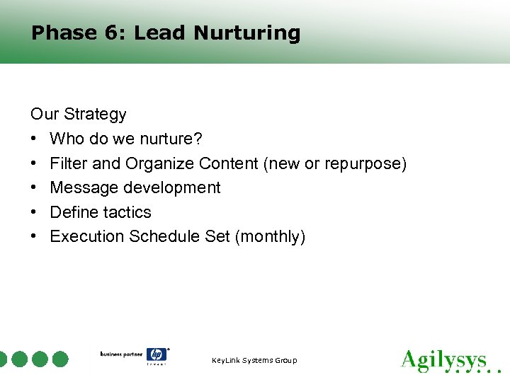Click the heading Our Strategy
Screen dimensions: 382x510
(x=78, y=115)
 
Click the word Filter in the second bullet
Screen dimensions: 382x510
(x=69, y=163)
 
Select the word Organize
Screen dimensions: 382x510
(x=159, y=163)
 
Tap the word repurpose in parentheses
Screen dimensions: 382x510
(x=363, y=163)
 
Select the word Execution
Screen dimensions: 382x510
(x=87, y=236)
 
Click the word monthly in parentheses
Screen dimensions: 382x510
(x=270, y=236)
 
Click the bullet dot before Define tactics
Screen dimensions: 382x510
(x=34, y=212)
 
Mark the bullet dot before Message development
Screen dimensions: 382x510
(x=34, y=188)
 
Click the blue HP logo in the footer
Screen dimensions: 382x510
(x=156, y=355)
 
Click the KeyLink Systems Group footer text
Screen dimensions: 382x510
(x=254, y=361)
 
